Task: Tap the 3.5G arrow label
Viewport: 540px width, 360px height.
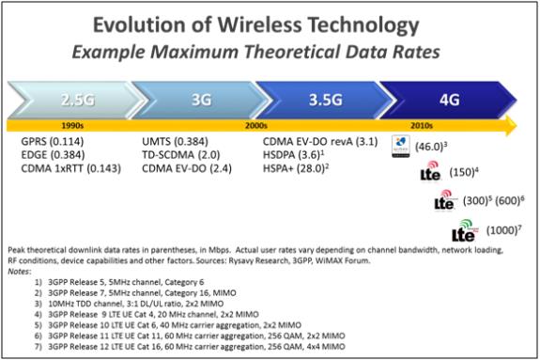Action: pos(328,99)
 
